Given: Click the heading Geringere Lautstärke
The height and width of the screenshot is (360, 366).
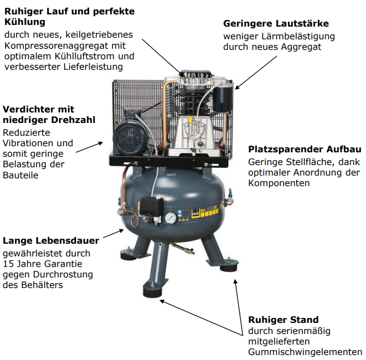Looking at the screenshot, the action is click(x=276, y=24).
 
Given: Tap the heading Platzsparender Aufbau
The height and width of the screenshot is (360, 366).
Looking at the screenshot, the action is click(x=305, y=149).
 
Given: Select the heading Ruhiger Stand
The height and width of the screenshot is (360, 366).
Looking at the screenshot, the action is click(x=283, y=320).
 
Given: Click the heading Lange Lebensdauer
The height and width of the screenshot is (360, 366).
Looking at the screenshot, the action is click(x=51, y=240).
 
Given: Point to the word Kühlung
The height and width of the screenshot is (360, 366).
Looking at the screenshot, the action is click(x=25, y=22).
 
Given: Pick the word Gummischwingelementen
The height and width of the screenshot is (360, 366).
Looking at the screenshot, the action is click(x=305, y=352).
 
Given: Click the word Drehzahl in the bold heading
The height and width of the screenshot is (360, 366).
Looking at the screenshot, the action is click(x=73, y=120).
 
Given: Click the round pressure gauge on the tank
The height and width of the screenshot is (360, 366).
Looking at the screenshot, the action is click(x=171, y=218).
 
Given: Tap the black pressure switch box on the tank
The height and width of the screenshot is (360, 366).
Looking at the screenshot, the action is click(x=152, y=207).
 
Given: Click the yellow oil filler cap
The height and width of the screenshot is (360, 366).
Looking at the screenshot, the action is click(x=190, y=120).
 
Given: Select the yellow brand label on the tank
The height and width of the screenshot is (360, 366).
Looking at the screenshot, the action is click(x=205, y=213).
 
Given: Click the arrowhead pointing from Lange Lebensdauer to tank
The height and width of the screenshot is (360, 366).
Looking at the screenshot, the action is click(x=121, y=230).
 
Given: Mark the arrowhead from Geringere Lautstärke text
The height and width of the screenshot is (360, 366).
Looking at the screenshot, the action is click(x=237, y=88).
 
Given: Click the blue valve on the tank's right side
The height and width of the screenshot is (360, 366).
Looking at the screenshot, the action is click(x=230, y=193).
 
